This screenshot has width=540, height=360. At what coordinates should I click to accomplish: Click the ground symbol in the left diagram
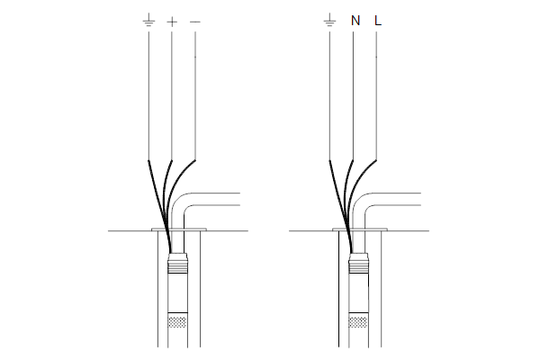point(148,20)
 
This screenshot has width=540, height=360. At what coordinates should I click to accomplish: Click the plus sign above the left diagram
point(172,22)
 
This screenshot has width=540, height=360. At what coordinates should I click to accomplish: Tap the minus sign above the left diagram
point(195,22)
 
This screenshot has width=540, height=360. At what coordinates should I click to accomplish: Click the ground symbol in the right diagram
point(329,20)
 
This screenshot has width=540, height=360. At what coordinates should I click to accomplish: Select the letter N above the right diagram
point(355,21)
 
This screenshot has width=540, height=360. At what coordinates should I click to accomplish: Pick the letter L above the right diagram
point(378,21)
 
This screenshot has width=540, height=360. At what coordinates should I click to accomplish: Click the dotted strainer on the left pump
point(177,320)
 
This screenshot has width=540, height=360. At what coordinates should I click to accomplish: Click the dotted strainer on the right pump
point(358,320)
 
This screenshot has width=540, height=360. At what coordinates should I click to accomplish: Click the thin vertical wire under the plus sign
point(172,95)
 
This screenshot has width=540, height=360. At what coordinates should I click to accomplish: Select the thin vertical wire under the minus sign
point(195,95)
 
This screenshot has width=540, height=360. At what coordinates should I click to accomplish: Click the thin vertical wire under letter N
point(353,95)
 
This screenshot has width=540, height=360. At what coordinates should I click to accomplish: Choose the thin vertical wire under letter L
point(376,95)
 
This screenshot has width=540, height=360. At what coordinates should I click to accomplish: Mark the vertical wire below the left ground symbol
point(148,95)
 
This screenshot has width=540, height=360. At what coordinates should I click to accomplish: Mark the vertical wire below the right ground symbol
point(329,95)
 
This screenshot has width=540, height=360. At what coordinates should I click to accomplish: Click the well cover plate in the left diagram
point(179,229)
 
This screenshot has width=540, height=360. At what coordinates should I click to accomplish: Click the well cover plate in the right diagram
point(360,229)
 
